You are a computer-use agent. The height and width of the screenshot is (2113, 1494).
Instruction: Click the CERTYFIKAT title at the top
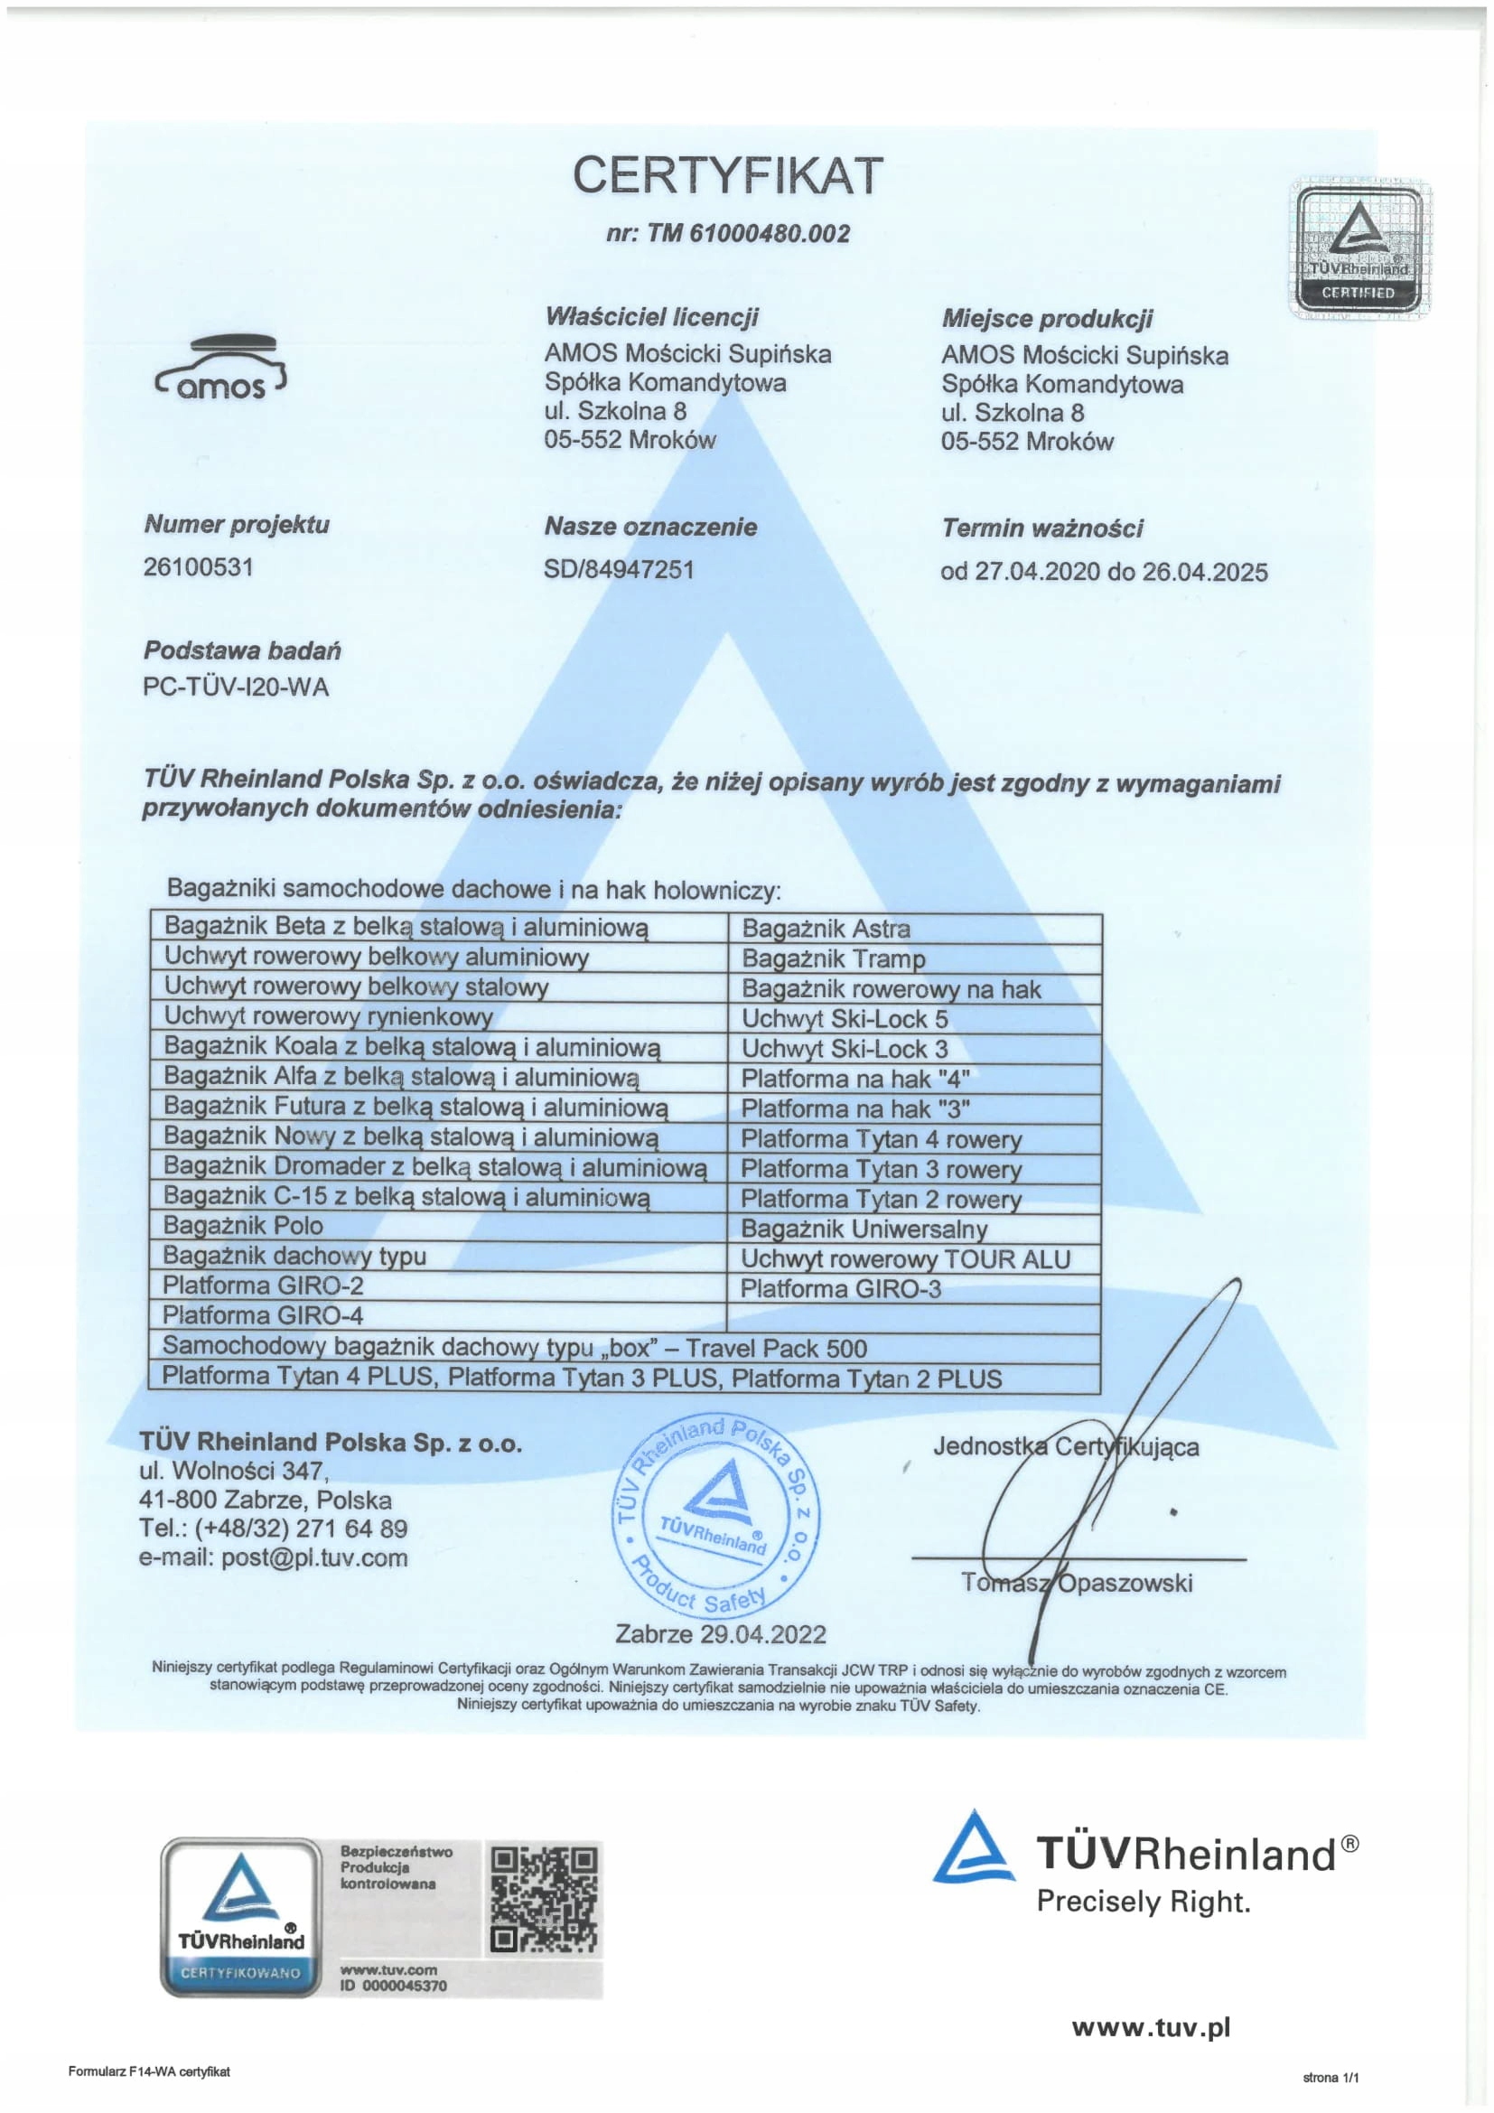click(728, 175)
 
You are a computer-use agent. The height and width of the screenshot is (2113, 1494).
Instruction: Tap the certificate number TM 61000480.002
click(728, 233)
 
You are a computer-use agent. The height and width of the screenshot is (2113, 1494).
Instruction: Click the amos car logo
click(221, 368)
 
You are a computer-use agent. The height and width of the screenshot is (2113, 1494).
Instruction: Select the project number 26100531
click(198, 567)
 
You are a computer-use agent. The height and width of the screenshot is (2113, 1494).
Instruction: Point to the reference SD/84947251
click(618, 570)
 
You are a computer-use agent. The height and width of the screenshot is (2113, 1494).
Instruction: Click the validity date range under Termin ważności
click(1103, 572)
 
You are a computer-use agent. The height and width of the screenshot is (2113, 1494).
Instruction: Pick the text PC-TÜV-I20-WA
click(236, 687)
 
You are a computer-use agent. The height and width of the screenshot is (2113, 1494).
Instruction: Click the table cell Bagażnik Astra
click(826, 929)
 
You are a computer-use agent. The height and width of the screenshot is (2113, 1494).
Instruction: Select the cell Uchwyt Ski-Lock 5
click(844, 1019)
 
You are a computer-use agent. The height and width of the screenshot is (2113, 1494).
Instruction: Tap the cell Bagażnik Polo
click(243, 1226)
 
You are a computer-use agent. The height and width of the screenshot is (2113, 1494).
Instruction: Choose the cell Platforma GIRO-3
click(840, 1288)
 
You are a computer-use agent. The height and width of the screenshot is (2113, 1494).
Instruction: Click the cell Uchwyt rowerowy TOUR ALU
click(905, 1259)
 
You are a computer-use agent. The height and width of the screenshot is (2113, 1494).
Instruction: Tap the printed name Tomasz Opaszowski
click(1077, 1583)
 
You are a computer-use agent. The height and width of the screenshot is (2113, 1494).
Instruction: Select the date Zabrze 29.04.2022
click(720, 1634)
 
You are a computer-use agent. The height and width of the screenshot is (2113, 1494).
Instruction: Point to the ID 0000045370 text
click(393, 1986)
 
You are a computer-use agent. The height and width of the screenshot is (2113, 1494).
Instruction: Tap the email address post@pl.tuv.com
click(272, 1558)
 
